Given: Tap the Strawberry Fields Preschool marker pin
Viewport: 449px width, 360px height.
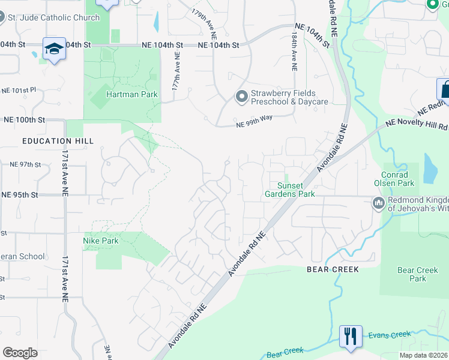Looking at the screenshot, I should coord(241,97).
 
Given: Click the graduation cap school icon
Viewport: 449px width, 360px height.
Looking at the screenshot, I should coord(54,49).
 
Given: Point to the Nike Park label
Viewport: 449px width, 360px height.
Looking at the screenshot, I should coord(100,241).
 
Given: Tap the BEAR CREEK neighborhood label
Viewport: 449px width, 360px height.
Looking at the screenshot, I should coord(333,270).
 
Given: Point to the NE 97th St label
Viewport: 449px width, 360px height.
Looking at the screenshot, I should coord(25,164).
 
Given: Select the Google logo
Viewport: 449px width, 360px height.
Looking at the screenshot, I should coord(20,353).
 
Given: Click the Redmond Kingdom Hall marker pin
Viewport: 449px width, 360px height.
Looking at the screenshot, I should coord(378,203).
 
